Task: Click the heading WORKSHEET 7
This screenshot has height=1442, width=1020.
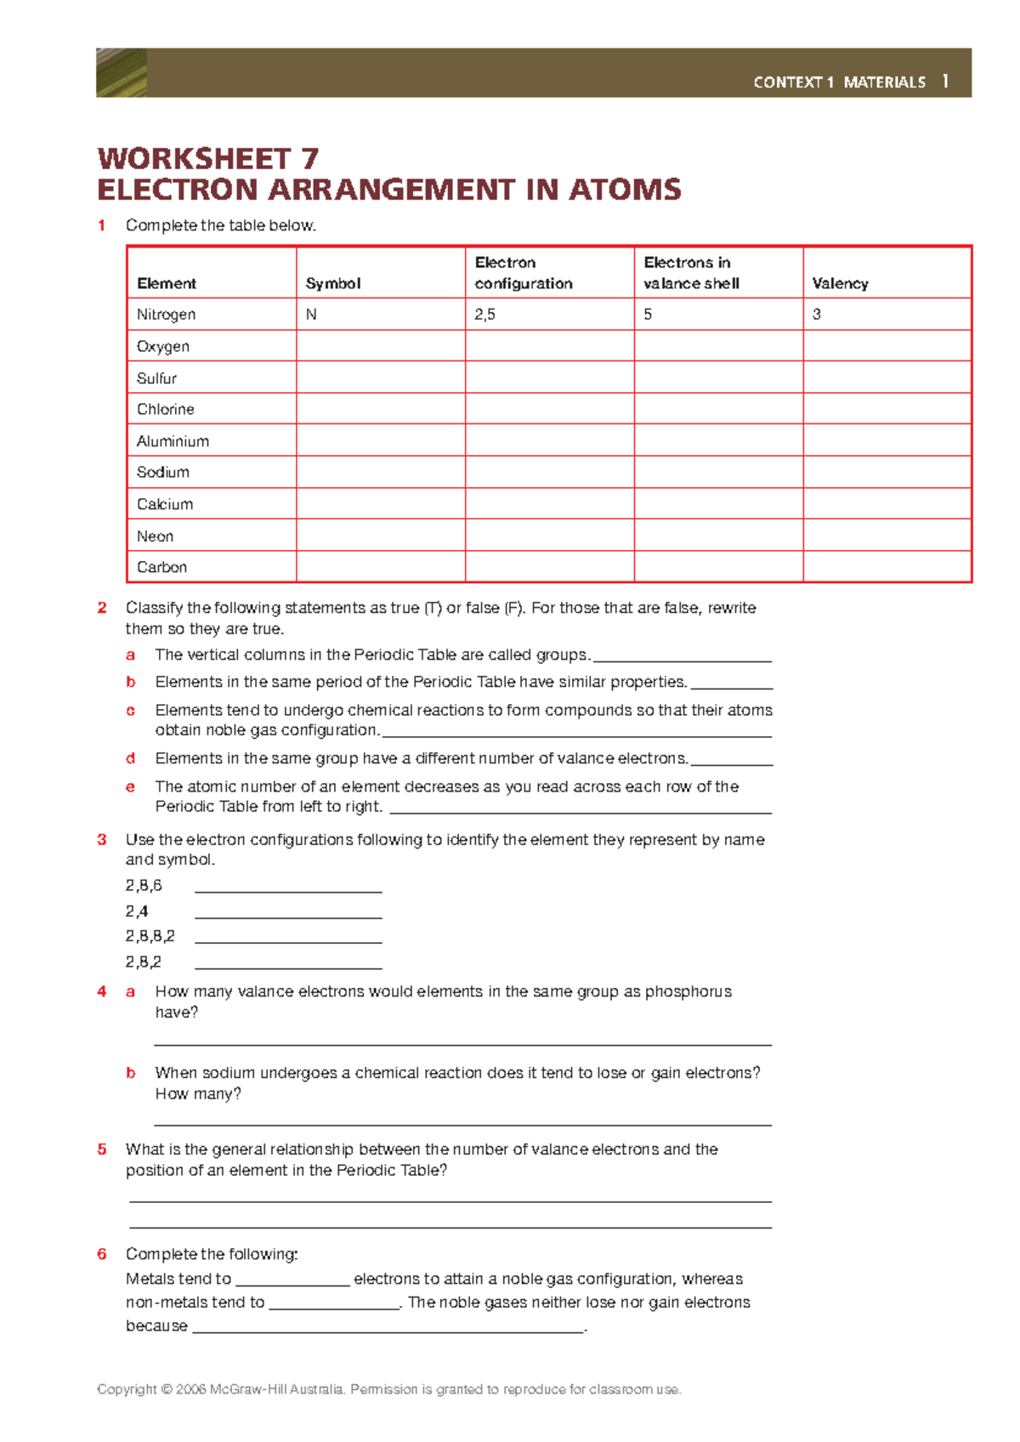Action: (x=208, y=159)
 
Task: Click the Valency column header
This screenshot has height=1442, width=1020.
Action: (x=840, y=284)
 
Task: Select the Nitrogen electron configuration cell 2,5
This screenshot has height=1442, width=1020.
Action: (x=485, y=315)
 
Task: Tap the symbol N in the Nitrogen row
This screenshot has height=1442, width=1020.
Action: (x=311, y=315)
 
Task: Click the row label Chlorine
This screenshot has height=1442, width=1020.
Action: (x=166, y=410)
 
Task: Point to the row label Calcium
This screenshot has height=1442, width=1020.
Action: (x=165, y=504)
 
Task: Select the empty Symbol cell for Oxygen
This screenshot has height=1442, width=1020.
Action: (x=380, y=346)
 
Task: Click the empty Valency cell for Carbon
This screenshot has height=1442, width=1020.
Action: (x=887, y=567)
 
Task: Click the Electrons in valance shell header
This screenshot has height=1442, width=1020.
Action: (x=691, y=273)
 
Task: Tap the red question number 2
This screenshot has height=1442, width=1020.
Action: (x=102, y=608)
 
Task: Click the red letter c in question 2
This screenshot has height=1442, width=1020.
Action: (x=130, y=710)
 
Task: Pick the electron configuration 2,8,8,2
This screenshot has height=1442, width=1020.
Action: (x=150, y=936)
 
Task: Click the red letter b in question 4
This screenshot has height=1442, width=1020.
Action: (x=131, y=1073)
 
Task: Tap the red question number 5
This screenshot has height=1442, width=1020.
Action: (x=102, y=1150)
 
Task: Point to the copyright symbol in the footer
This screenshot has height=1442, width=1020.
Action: (x=166, y=1389)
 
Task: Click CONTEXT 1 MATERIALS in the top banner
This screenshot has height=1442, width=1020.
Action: (x=839, y=82)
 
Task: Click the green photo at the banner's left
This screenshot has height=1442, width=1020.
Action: (x=122, y=73)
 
